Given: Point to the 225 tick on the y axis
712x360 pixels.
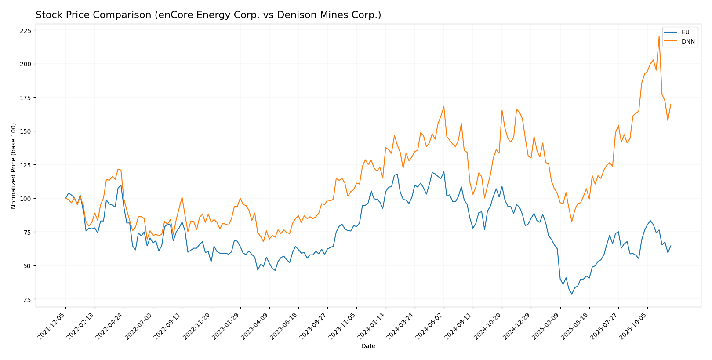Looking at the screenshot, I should [x=25, y=30].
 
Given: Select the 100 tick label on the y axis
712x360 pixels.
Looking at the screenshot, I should [x=25, y=199].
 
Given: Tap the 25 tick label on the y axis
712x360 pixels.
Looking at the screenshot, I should [x=27, y=300].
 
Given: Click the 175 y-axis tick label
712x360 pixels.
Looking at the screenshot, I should [x=25, y=98].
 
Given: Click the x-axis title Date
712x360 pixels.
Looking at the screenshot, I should [x=368, y=346].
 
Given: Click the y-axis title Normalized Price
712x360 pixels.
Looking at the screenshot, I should [x=14, y=166].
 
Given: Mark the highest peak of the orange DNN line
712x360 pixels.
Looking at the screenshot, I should [x=659, y=36].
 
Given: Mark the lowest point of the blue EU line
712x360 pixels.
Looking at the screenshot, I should [x=572, y=294].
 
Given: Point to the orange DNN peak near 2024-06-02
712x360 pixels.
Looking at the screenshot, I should [x=443, y=106].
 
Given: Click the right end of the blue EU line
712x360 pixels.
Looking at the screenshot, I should [x=671, y=246].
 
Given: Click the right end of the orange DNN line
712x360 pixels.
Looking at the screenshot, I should [x=671, y=104].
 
